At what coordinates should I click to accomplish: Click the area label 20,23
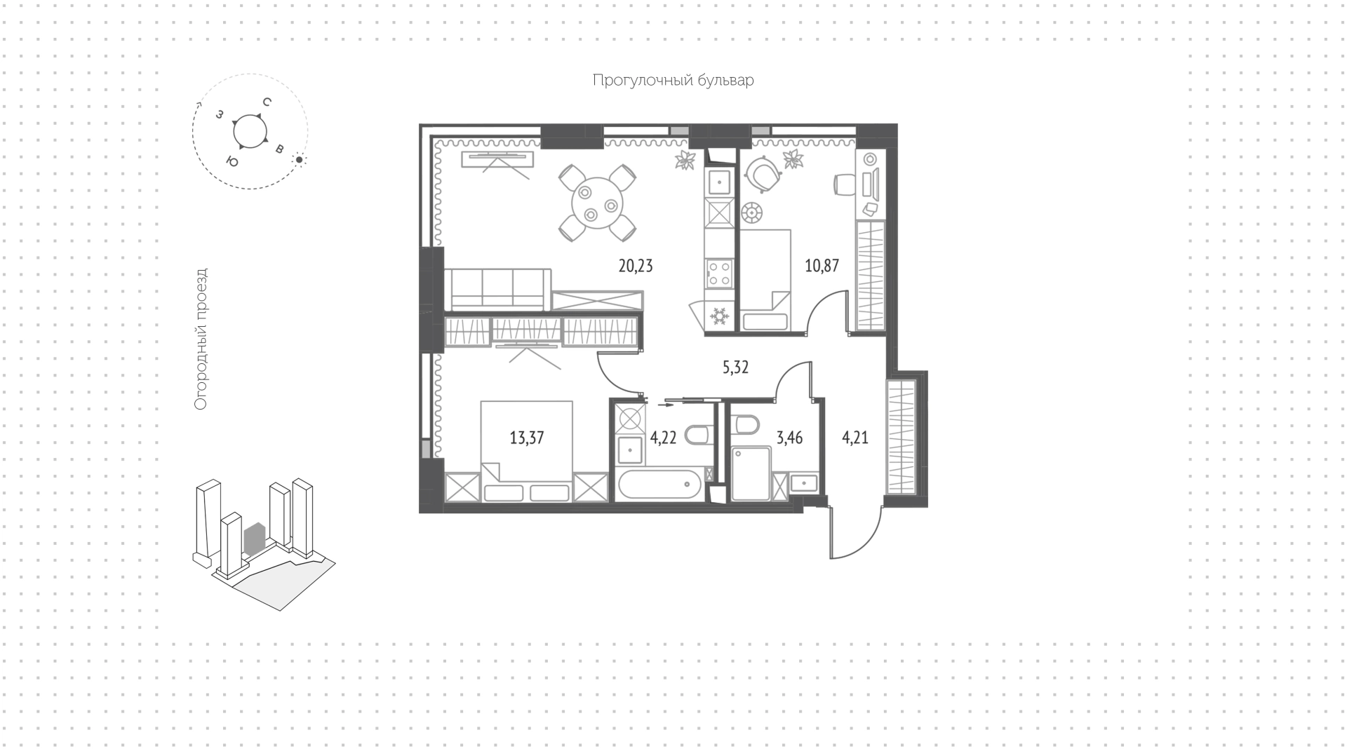636,266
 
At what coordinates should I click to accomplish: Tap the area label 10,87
822,266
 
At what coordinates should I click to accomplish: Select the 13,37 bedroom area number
527,438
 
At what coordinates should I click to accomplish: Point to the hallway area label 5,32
736,367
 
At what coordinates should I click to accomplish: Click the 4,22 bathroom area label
663,438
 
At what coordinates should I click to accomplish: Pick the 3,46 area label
789,438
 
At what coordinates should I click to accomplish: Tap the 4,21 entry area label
855,438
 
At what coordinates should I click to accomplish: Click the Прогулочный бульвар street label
673,81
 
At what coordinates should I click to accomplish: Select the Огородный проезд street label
201,339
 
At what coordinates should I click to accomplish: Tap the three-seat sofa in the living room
497,289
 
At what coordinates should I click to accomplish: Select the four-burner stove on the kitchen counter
719,274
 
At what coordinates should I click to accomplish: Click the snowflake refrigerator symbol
719,317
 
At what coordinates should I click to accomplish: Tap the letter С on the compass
267,102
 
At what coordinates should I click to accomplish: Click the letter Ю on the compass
232,162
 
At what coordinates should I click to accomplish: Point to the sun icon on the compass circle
299,160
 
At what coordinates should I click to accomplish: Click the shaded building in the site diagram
253,536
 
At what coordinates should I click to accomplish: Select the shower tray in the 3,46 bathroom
751,475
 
